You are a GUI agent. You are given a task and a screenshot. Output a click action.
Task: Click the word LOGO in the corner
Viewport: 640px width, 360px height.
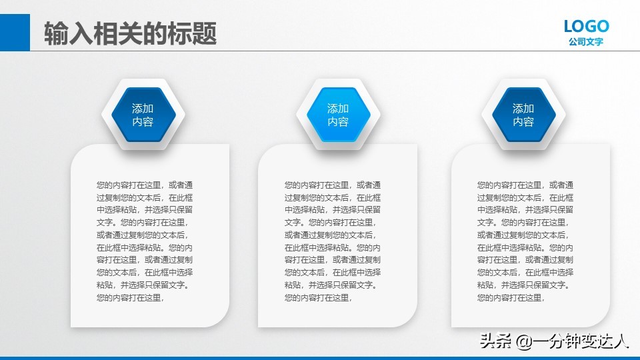click(586, 26)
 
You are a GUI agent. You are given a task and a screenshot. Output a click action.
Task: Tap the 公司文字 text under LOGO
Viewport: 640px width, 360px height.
click(586, 42)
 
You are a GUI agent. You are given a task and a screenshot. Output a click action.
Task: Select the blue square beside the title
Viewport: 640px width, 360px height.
click(15, 33)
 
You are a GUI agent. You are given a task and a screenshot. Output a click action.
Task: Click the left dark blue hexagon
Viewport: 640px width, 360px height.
click(143, 115)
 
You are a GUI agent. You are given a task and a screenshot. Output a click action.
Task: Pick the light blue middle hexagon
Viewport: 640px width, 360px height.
click(338, 115)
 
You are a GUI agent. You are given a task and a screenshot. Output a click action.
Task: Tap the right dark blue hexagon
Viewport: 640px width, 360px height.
click(523, 115)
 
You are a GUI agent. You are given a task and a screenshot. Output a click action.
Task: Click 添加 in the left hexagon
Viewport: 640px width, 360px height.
click(143, 108)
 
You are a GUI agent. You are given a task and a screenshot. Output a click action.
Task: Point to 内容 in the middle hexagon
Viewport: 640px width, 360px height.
click(338, 122)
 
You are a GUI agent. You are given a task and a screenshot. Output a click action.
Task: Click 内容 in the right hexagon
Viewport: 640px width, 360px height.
click(523, 122)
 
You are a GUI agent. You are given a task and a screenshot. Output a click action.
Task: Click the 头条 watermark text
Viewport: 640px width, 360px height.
click(494, 343)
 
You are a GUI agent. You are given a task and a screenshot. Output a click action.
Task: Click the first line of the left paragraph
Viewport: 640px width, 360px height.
click(145, 185)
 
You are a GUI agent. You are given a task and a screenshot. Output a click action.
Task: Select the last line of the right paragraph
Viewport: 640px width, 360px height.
click(511, 298)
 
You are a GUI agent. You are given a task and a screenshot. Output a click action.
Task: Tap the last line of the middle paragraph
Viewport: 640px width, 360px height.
click(318, 298)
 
